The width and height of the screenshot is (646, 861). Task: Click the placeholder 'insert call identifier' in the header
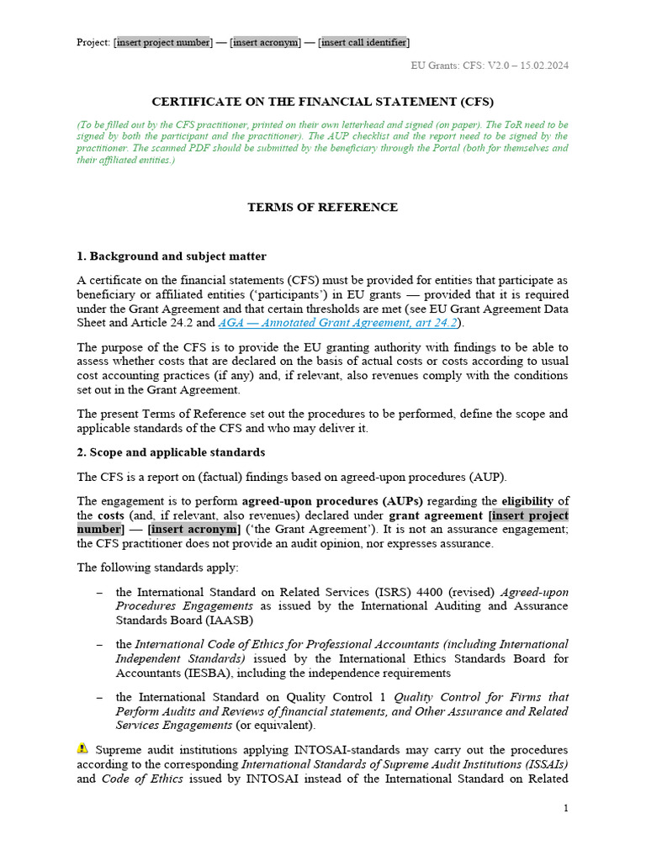364,42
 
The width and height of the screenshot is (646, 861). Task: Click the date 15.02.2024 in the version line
541,66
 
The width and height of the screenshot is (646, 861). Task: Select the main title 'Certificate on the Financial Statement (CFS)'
322,102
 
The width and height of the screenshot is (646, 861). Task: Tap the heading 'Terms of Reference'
322,207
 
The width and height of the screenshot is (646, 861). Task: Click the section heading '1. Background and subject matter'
172,256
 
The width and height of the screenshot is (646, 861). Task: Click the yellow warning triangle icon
82,748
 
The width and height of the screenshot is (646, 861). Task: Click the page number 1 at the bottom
565,808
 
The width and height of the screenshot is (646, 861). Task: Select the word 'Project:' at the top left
93,42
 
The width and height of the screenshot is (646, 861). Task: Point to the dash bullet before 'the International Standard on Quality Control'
100,697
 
